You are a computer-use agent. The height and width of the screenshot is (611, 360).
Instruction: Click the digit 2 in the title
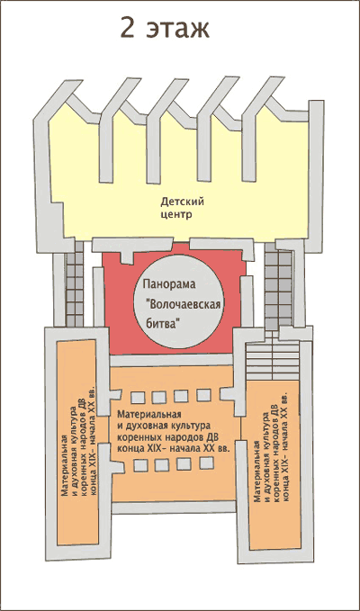[128, 29]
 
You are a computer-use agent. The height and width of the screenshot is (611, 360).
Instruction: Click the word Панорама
[168, 285]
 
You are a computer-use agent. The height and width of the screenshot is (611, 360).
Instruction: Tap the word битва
[164, 324]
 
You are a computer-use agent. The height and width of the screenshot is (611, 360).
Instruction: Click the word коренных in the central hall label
[134, 436]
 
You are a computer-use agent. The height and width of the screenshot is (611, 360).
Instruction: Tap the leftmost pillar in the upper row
[138, 398]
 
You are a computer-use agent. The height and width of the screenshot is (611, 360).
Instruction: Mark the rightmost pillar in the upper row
[203, 396]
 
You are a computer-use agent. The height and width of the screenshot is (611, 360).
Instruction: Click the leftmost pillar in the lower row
[140, 466]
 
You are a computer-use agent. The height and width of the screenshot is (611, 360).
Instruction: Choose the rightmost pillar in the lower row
[206, 463]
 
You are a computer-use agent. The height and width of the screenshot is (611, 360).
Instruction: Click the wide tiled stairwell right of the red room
[278, 287]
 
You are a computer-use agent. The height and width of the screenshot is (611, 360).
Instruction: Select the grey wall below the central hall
[175, 508]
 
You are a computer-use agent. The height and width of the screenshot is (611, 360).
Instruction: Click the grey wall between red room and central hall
[171, 361]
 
